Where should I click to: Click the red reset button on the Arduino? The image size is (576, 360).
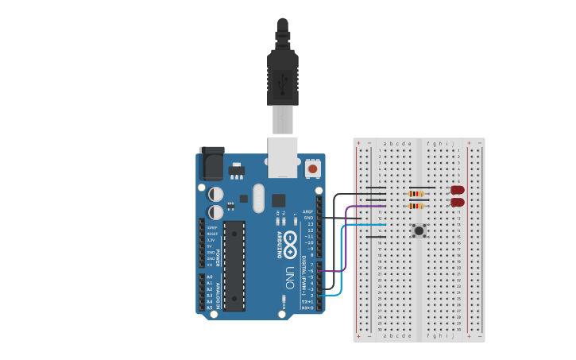pos(312,169)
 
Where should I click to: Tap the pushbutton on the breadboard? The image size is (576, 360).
pos(418,230)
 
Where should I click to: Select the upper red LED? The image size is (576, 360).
pos(458,190)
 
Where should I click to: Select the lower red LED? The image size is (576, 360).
pos(458,203)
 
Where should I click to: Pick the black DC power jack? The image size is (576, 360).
pos(211,163)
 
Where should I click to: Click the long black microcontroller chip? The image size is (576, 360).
pos(234,265)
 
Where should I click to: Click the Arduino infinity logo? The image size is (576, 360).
pos(290,240)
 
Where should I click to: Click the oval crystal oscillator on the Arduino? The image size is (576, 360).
pos(257,198)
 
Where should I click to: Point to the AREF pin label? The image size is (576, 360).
pos(308,211)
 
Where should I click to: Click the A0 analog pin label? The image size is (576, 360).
pos(209,277)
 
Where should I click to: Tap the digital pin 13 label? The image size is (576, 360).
pos(309,224)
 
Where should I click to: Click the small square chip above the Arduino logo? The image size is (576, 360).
pos(279,201)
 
